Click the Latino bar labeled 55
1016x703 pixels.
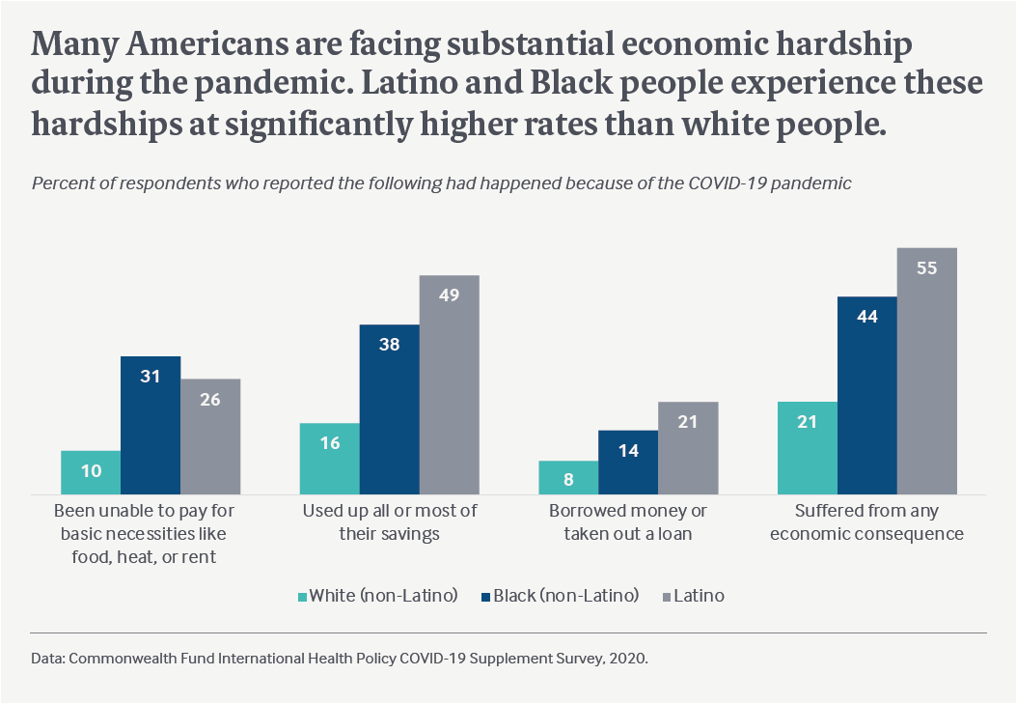926,372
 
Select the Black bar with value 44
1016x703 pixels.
866,396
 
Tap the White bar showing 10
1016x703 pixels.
90,473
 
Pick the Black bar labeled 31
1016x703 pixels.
151,426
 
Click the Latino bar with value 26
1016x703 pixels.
210,436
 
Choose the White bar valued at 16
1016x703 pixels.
329,459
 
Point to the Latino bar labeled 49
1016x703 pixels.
449,385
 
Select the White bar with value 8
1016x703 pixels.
568,478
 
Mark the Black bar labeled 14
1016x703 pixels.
628,463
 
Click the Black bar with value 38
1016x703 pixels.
389,409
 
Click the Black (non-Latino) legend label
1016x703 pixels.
565,596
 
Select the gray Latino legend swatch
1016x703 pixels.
665,597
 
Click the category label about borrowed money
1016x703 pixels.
628,521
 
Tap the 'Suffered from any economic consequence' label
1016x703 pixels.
866,521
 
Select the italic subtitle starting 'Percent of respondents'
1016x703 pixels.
442,183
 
